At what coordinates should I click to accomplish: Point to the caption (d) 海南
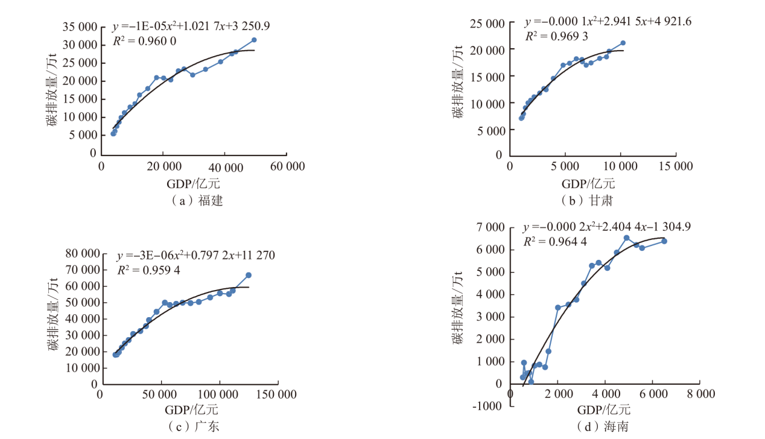click(604, 426)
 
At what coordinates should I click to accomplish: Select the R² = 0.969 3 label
click(556, 36)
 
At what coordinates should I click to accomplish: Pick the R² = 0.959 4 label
click(148, 270)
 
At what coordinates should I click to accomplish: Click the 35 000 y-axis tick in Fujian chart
click(80, 27)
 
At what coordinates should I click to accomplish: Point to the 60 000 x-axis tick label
click(287, 166)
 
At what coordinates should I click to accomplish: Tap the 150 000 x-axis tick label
click(278, 394)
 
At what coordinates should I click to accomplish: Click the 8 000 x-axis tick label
click(700, 394)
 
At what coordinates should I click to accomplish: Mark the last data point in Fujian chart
click(254, 40)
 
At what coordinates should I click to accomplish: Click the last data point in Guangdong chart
click(248, 275)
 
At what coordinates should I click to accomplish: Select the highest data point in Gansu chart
click(623, 43)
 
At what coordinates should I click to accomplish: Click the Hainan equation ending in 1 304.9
click(607, 227)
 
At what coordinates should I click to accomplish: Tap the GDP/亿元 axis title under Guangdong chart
click(192, 410)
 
